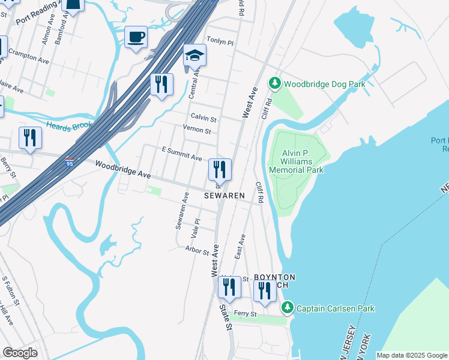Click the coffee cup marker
point(136,37)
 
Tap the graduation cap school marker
point(194,56)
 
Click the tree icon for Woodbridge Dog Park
point(275,84)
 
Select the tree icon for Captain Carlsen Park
point(288,308)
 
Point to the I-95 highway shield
point(70,162)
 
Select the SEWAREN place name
point(224,196)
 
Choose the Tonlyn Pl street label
point(220,40)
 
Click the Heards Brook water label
point(69,125)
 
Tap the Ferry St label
point(245,314)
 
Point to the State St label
point(225,317)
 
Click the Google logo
point(20,352)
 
